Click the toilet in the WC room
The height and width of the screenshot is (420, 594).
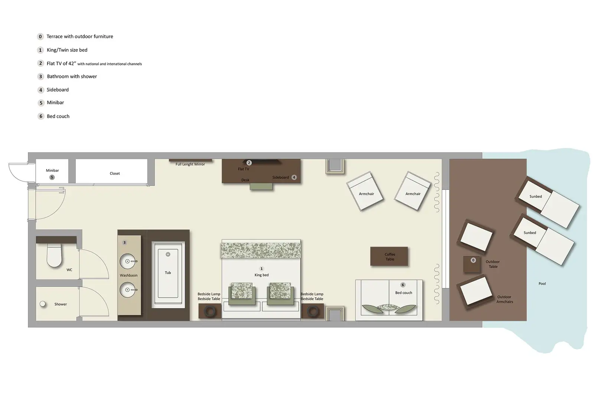54,255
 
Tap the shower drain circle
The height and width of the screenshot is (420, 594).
43,304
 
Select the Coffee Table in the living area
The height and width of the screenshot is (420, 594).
389,256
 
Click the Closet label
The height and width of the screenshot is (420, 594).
115,173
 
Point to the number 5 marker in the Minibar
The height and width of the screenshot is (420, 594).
52,177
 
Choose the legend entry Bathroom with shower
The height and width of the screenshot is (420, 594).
72,76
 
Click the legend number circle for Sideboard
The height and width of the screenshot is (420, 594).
41,90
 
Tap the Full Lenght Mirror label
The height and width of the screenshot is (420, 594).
190,164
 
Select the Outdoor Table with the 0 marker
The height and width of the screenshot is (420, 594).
472,264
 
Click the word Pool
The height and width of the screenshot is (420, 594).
542,284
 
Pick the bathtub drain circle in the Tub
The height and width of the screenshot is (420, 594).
168,254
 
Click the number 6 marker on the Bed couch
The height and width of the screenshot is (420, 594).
403,285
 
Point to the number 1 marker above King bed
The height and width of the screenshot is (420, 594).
261,268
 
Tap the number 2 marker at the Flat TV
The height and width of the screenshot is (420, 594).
249,163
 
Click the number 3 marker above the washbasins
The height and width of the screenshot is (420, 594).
124,242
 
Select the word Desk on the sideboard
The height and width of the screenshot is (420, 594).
245,180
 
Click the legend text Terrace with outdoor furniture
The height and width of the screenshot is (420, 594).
80,36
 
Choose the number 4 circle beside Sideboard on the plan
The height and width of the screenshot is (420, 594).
294,177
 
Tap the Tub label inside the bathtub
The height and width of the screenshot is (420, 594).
168,273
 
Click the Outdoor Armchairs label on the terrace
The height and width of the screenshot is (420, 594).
505,299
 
